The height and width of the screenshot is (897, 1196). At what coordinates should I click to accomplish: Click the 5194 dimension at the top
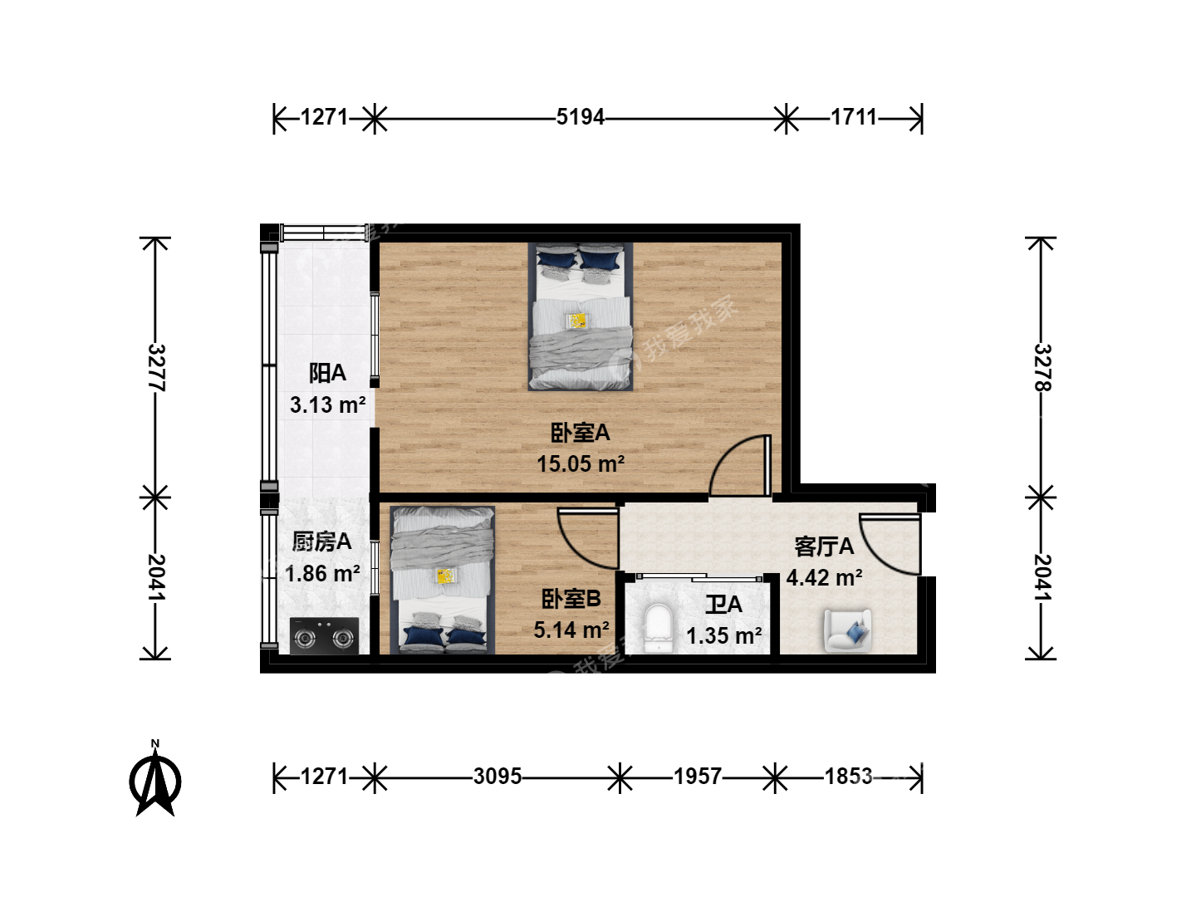[581, 118]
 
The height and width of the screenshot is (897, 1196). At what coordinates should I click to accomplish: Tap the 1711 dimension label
[854, 118]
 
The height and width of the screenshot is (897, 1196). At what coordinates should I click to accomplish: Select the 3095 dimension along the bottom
[498, 777]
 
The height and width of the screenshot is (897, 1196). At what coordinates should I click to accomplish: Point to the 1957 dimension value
[698, 777]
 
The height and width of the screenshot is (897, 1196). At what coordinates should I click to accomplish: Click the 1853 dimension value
[848, 777]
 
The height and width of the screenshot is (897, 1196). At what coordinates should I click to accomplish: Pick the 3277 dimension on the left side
[156, 368]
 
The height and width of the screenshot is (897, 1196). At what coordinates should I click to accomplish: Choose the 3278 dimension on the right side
[1042, 368]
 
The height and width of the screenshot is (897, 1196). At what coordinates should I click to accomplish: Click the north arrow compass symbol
[155, 779]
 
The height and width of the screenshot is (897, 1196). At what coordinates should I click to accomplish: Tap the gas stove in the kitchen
[324, 635]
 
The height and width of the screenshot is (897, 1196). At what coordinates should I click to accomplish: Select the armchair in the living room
[848, 630]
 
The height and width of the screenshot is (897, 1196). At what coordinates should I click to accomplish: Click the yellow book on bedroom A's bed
[577, 321]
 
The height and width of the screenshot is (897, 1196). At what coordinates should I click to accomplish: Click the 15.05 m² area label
[581, 464]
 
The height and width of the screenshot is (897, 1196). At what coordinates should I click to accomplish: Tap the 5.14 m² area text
[571, 630]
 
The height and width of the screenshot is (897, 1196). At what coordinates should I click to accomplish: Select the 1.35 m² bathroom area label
[724, 635]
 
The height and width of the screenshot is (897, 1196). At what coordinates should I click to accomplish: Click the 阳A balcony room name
[327, 373]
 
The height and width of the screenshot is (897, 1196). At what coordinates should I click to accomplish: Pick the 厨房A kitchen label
[322, 542]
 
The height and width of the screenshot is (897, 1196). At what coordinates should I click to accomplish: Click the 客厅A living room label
[824, 547]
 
